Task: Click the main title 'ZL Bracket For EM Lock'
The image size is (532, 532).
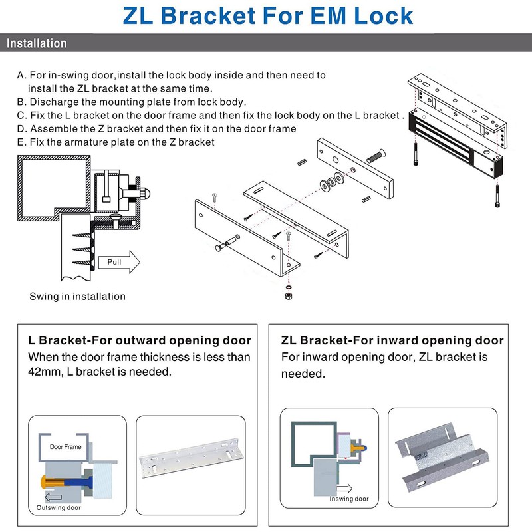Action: point(266,15)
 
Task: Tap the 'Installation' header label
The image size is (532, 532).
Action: point(37,44)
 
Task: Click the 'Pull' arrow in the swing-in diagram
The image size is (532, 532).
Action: point(120,262)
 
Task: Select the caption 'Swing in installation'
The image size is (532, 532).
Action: point(77,297)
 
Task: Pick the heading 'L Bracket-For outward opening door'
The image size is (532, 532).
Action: point(140,340)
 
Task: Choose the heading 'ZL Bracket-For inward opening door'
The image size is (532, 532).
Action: point(392,340)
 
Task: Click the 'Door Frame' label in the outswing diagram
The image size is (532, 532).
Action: point(66,447)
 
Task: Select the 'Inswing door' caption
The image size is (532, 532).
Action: point(348,499)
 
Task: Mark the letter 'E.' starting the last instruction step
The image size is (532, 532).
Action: point(21,142)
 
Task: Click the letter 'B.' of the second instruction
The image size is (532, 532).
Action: point(21,102)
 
